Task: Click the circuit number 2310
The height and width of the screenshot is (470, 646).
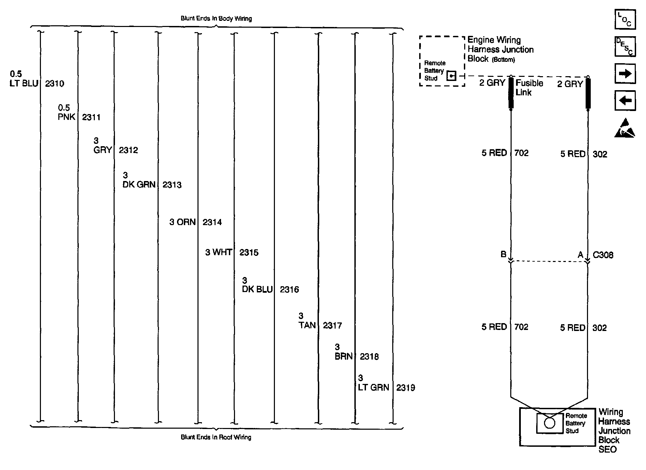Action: click(x=55, y=84)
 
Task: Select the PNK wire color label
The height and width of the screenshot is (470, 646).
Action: click(x=66, y=117)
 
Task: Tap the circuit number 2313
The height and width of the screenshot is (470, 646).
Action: click(x=172, y=185)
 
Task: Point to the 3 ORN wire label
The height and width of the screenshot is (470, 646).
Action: click(x=182, y=222)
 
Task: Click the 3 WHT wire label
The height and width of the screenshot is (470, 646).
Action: click(x=218, y=253)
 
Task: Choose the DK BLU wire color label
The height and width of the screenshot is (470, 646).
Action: click(x=257, y=290)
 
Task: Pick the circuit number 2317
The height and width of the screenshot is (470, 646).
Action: click(x=332, y=326)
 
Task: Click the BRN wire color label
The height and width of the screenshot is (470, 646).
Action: click(x=343, y=357)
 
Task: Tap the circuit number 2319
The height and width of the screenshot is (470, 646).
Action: click(x=406, y=388)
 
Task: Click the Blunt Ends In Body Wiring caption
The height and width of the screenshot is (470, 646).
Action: click(x=216, y=18)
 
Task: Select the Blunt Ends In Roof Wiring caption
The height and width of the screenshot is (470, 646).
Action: click(x=216, y=437)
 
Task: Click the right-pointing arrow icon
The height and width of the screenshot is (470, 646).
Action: click(x=625, y=74)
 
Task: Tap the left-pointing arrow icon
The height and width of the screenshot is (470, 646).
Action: click(x=625, y=100)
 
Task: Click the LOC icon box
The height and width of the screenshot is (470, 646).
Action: click(x=625, y=19)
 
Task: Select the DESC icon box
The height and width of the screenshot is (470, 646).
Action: click(x=625, y=46)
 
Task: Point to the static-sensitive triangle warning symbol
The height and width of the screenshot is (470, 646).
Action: click(x=625, y=129)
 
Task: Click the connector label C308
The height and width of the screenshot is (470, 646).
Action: click(x=603, y=255)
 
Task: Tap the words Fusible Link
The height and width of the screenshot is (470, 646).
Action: click(x=529, y=88)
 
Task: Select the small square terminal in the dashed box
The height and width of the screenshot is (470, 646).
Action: click(x=451, y=76)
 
